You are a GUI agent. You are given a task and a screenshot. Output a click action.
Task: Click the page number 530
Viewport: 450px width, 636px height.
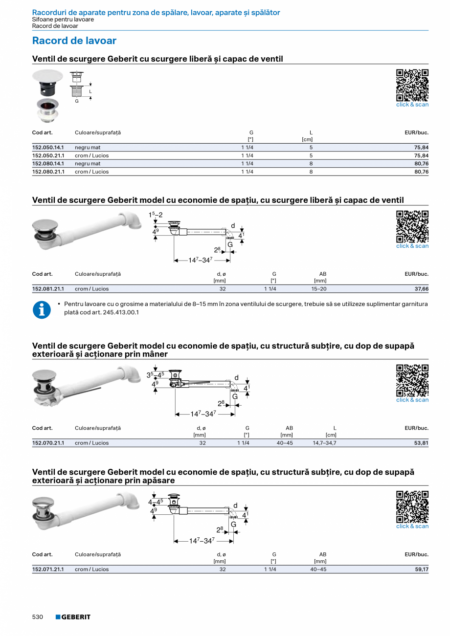pyautogui.click(x=38, y=617)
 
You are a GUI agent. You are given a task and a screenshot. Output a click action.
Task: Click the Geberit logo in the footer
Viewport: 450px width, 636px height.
pyautogui.click(x=73, y=617)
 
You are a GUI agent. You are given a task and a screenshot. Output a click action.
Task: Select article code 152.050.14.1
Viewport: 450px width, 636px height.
pyautogui.click(x=48, y=147)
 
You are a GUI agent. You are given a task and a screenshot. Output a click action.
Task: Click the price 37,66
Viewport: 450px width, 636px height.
pyautogui.click(x=421, y=289)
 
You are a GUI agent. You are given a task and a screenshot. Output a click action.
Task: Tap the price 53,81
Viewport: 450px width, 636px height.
pyautogui.click(x=421, y=443)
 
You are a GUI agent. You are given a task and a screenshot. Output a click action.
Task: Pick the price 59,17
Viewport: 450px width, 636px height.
pyautogui.click(x=421, y=569)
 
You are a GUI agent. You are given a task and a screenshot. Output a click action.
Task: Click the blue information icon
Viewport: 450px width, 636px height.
pyautogui.click(x=42, y=310)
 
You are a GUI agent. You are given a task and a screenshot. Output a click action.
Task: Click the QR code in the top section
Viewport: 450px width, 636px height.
pyautogui.click(x=412, y=85)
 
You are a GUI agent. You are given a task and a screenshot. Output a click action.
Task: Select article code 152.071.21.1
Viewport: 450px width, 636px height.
pyautogui.click(x=48, y=569)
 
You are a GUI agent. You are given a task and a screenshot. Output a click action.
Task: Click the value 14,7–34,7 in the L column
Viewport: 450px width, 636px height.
pyautogui.click(x=324, y=443)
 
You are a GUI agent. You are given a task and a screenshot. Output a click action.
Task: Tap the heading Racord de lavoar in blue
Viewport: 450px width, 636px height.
pyautogui.click(x=74, y=41)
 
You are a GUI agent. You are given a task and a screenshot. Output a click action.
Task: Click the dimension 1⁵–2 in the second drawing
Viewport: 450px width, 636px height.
pyautogui.click(x=156, y=215)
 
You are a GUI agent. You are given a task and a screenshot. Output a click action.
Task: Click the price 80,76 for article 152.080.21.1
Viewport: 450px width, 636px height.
pyautogui.click(x=421, y=172)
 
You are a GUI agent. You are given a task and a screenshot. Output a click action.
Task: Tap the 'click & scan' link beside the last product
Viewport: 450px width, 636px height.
pyautogui.click(x=412, y=526)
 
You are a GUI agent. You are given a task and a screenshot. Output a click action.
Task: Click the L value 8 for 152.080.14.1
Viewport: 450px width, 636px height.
pyautogui.click(x=311, y=164)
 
